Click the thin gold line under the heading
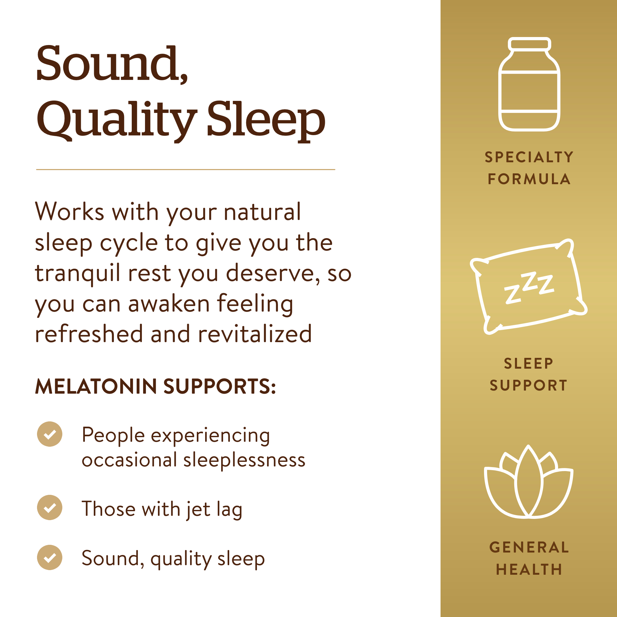click(x=185, y=170)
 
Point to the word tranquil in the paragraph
click(x=77, y=274)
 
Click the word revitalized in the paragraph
click(x=255, y=334)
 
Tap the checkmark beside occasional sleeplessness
click(x=49, y=434)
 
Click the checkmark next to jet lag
click(x=49, y=507)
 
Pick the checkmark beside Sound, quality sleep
click(x=49, y=557)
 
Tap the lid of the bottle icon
click(x=529, y=44)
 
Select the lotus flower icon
click(x=529, y=482)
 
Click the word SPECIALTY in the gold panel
click(x=529, y=157)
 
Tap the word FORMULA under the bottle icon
click(x=529, y=179)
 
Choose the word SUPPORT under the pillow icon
click(x=529, y=385)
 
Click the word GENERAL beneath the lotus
click(x=529, y=547)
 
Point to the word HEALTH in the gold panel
click(x=529, y=569)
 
